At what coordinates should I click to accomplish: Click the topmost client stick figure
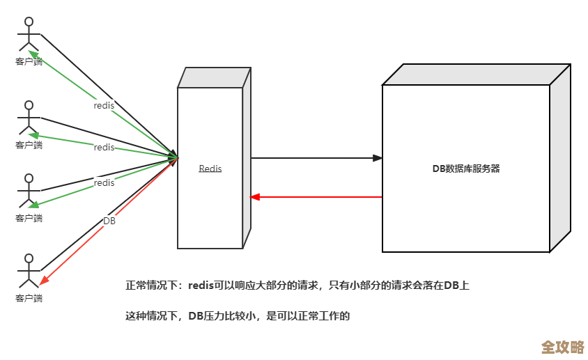[29, 35]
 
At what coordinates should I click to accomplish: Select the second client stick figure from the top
[29, 118]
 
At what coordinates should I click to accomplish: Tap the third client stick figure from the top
[29, 191]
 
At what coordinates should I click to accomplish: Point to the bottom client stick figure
[29, 272]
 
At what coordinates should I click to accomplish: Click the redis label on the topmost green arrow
[104, 105]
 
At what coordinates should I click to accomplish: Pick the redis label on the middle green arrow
[104, 147]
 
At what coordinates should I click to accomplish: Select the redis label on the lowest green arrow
[104, 182]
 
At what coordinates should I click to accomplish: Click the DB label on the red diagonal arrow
[109, 221]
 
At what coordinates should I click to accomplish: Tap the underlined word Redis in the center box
[210, 169]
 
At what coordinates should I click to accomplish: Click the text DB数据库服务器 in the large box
[466, 169]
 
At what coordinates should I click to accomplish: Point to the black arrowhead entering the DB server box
[378, 158]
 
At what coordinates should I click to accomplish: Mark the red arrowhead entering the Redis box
[255, 197]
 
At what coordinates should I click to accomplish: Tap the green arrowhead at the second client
[32, 134]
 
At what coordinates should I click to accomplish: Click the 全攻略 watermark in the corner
[562, 346]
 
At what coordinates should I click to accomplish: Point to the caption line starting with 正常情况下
[297, 285]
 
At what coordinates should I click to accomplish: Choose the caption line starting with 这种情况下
[237, 316]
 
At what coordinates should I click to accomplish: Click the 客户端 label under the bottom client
[29, 298]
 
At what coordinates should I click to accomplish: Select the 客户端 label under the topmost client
[29, 62]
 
